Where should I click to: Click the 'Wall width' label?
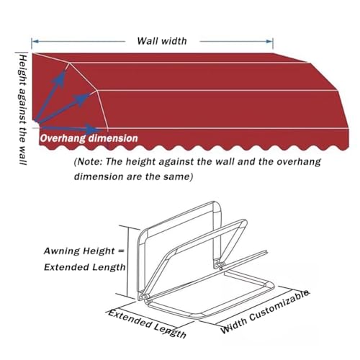[162, 41]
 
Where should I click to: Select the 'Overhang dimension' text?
[89, 138]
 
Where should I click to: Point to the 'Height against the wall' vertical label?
[22, 110]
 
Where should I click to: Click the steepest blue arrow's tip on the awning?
[66, 70]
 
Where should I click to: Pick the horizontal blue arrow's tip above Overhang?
[101, 130]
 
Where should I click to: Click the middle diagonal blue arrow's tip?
[90, 94]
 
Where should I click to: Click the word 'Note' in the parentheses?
[89, 161]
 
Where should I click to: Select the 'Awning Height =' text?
[84, 251]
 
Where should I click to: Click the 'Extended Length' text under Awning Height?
[84, 267]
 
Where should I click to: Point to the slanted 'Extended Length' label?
[147, 323]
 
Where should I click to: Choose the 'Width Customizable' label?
[265, 312]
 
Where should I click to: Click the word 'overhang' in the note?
[299, 162]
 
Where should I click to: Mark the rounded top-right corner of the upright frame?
[217, 207]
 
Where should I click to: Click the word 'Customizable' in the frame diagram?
[279, 305]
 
